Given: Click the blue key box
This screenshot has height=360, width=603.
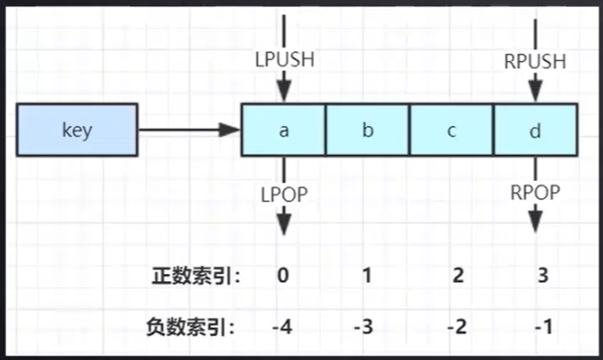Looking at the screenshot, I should point(77,131).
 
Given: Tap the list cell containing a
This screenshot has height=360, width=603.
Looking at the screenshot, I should point(284,131).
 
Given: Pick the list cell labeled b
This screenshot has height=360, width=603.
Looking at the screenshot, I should point(367,131).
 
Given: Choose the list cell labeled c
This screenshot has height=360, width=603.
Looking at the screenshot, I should point(451,131).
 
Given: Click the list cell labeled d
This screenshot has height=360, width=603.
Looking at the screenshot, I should point(535,131).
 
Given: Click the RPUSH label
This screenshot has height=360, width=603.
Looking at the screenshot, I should point(535,62).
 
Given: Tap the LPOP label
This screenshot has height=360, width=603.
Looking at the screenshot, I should point(284,194).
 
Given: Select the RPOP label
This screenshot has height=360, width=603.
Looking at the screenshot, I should point(535,194).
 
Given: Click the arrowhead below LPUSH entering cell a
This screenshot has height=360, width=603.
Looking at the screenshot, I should point(284,92).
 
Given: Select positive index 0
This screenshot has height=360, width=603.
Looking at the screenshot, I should point(283,276).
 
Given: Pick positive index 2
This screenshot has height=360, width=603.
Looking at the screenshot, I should point(458,276).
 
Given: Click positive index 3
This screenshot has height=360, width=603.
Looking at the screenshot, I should point(542,276).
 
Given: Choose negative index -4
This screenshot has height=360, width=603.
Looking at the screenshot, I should point(282,325).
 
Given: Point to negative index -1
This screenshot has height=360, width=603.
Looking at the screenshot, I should point(543,325).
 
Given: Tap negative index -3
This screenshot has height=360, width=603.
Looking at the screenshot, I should point(364,325).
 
